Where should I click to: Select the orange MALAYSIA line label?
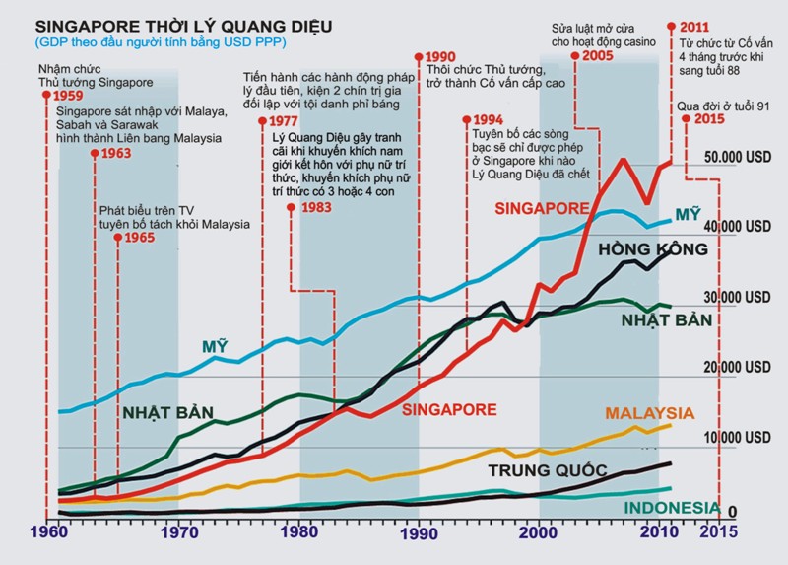(649, 413)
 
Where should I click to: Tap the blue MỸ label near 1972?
(216, 346)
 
